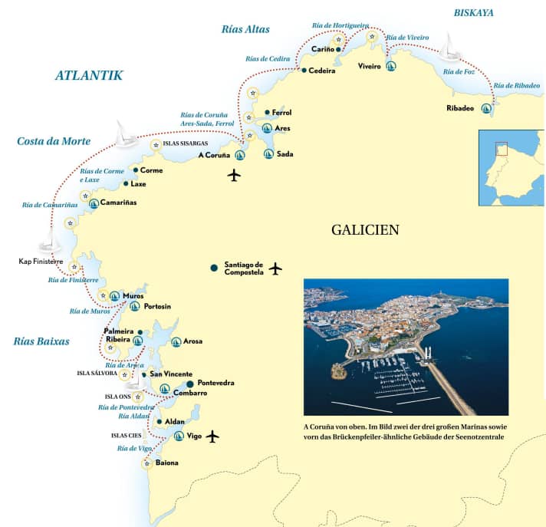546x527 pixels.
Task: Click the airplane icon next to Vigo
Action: point(212,436)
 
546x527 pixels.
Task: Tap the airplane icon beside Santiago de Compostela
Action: point(276,268)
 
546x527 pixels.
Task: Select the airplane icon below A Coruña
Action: point(235,176)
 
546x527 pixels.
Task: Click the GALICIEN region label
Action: point(365,229)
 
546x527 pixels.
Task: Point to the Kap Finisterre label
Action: point(40,262)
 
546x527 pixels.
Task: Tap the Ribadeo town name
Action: point(460,108)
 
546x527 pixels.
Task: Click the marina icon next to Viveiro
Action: point(391,67)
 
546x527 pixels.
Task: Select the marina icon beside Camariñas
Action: point(94,203)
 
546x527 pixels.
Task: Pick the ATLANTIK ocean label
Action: point(89,74)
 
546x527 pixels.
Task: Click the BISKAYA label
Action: point(473,12)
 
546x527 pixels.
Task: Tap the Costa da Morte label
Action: point(54,141)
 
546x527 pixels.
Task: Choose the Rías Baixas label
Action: point(41,341)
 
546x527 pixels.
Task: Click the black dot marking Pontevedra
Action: point(190,383)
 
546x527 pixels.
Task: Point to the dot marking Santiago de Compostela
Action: point(214,268)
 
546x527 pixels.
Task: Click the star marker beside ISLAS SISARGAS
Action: point(156,144)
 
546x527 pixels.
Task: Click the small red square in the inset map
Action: point(501,149)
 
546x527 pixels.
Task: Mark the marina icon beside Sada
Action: point(268,153)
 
